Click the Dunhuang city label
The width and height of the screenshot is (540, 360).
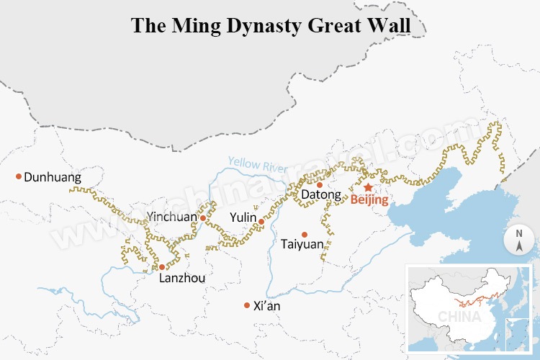click(x=53, y=177)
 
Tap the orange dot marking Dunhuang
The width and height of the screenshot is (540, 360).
click(x=19, y=176)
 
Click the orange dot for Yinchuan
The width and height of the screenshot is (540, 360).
click(x=203, y=217)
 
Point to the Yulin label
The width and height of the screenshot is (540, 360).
click(x=243, y=217)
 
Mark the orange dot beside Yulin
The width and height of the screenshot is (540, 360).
click(x=261, y=222)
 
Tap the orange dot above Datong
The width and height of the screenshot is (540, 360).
click(x=320, y=184)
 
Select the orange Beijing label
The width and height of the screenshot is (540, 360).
click(x=369, y=201)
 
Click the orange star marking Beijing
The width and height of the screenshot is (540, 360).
click(x=368, y=187)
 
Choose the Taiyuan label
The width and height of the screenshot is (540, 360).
click(x=303, y=245)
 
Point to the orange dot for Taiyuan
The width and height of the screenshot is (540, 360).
click(x=305, y=234)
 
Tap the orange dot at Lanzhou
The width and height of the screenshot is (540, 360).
click(x=162, y=267)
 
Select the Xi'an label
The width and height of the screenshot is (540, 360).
click(x=267, y=306)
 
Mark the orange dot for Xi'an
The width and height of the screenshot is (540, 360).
click(x=247, y=305)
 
